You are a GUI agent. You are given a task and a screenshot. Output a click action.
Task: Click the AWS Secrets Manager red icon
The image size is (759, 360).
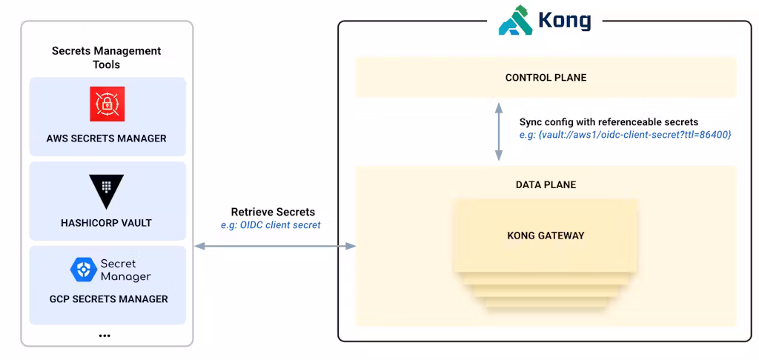click(x=107, y=104)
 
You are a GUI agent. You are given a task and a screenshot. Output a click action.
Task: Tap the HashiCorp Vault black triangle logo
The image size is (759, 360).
click(x=106, y=191)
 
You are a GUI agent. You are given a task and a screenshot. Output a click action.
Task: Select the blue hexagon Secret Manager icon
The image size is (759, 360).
click(x=83, y=270)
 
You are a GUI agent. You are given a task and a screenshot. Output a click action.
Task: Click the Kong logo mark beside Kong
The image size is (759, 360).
click(x=516, y=20)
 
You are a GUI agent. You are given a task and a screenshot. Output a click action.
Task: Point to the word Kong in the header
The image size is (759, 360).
click(x=566, y=20)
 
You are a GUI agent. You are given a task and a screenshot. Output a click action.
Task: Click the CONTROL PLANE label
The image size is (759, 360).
click(x=546, y=78)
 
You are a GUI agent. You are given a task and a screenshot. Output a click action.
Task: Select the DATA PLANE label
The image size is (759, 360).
click(x=546, y=184)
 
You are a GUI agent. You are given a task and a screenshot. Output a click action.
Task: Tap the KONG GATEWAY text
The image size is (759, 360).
click(x=546, y=236)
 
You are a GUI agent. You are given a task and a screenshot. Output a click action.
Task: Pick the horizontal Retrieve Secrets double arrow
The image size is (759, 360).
click(x=274, y=245)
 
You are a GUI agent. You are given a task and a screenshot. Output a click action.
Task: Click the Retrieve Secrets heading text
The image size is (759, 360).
click(x=273, y=212)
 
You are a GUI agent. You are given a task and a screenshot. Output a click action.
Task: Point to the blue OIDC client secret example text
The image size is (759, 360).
click(x=271, y=224)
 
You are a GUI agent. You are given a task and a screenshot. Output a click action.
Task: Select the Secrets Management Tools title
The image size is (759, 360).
click(x=107, y=58)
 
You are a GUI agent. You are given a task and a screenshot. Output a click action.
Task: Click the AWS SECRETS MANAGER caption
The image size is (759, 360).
click(x=107, y=139)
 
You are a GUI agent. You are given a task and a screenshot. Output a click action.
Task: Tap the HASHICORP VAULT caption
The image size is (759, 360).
click(x=107, y=222)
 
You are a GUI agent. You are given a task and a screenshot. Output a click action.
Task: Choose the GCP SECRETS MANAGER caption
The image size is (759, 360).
click(x=107, y=299)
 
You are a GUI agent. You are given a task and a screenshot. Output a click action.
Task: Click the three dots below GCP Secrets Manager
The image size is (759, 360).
click(x=105, y=336)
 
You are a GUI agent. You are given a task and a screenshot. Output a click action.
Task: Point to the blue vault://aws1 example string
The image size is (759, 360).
click(x=626, y=134)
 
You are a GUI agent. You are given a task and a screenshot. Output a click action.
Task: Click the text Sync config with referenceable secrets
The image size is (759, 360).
click(x=609, y=121)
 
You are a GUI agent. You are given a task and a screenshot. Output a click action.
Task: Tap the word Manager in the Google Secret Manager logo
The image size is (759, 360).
click(x=125, y=276)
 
